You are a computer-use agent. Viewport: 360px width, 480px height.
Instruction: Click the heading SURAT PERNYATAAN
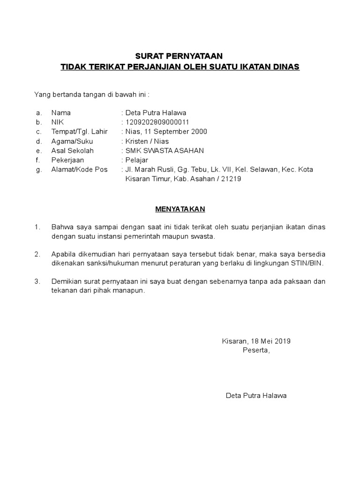pos(180,57)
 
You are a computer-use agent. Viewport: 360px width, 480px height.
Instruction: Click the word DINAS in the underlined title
pos(285,67)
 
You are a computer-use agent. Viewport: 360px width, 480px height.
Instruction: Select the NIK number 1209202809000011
pos(157,122)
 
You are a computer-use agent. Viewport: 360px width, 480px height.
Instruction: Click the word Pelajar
pos(136,160)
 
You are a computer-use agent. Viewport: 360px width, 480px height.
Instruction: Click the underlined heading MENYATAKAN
pos(180,209)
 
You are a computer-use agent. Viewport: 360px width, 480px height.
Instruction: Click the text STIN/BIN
pos(308,263)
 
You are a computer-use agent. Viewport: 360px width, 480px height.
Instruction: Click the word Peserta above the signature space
pos(256,350)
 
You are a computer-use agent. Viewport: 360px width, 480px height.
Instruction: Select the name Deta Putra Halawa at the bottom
pos(256,396)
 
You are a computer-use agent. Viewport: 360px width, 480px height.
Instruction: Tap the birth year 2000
pos(199,132)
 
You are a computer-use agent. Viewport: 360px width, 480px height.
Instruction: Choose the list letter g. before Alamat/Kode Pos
pos(38,169)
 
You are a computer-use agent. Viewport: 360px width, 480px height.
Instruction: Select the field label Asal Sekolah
pos(73,150)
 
